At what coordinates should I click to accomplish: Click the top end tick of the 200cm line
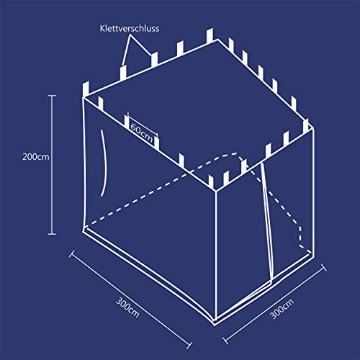click(x=52, y=94)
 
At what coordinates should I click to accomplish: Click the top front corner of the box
click(x=215, y=190)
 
